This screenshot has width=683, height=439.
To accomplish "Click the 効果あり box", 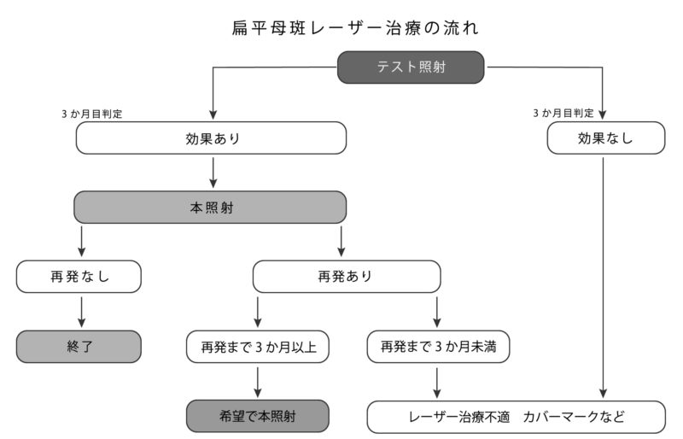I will click(x=211, y=138).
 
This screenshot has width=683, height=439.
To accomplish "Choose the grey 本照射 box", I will click(x=211, y=208).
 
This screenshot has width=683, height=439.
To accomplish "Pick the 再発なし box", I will click(x=79, y=277).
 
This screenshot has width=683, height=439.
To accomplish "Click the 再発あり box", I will click(x=346, y=277).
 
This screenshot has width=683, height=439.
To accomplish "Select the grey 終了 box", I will click(x=79, y=347).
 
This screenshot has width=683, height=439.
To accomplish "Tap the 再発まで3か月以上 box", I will click(x=258, y=347).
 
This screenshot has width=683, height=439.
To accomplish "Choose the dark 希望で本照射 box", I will click(x=258, y=417).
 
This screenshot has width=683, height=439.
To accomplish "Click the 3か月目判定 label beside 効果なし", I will click(x=563, y=113).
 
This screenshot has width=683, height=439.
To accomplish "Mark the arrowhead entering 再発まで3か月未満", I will click(x=437, y=324).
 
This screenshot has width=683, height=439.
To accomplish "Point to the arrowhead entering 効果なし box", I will click(x=604, y=114).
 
